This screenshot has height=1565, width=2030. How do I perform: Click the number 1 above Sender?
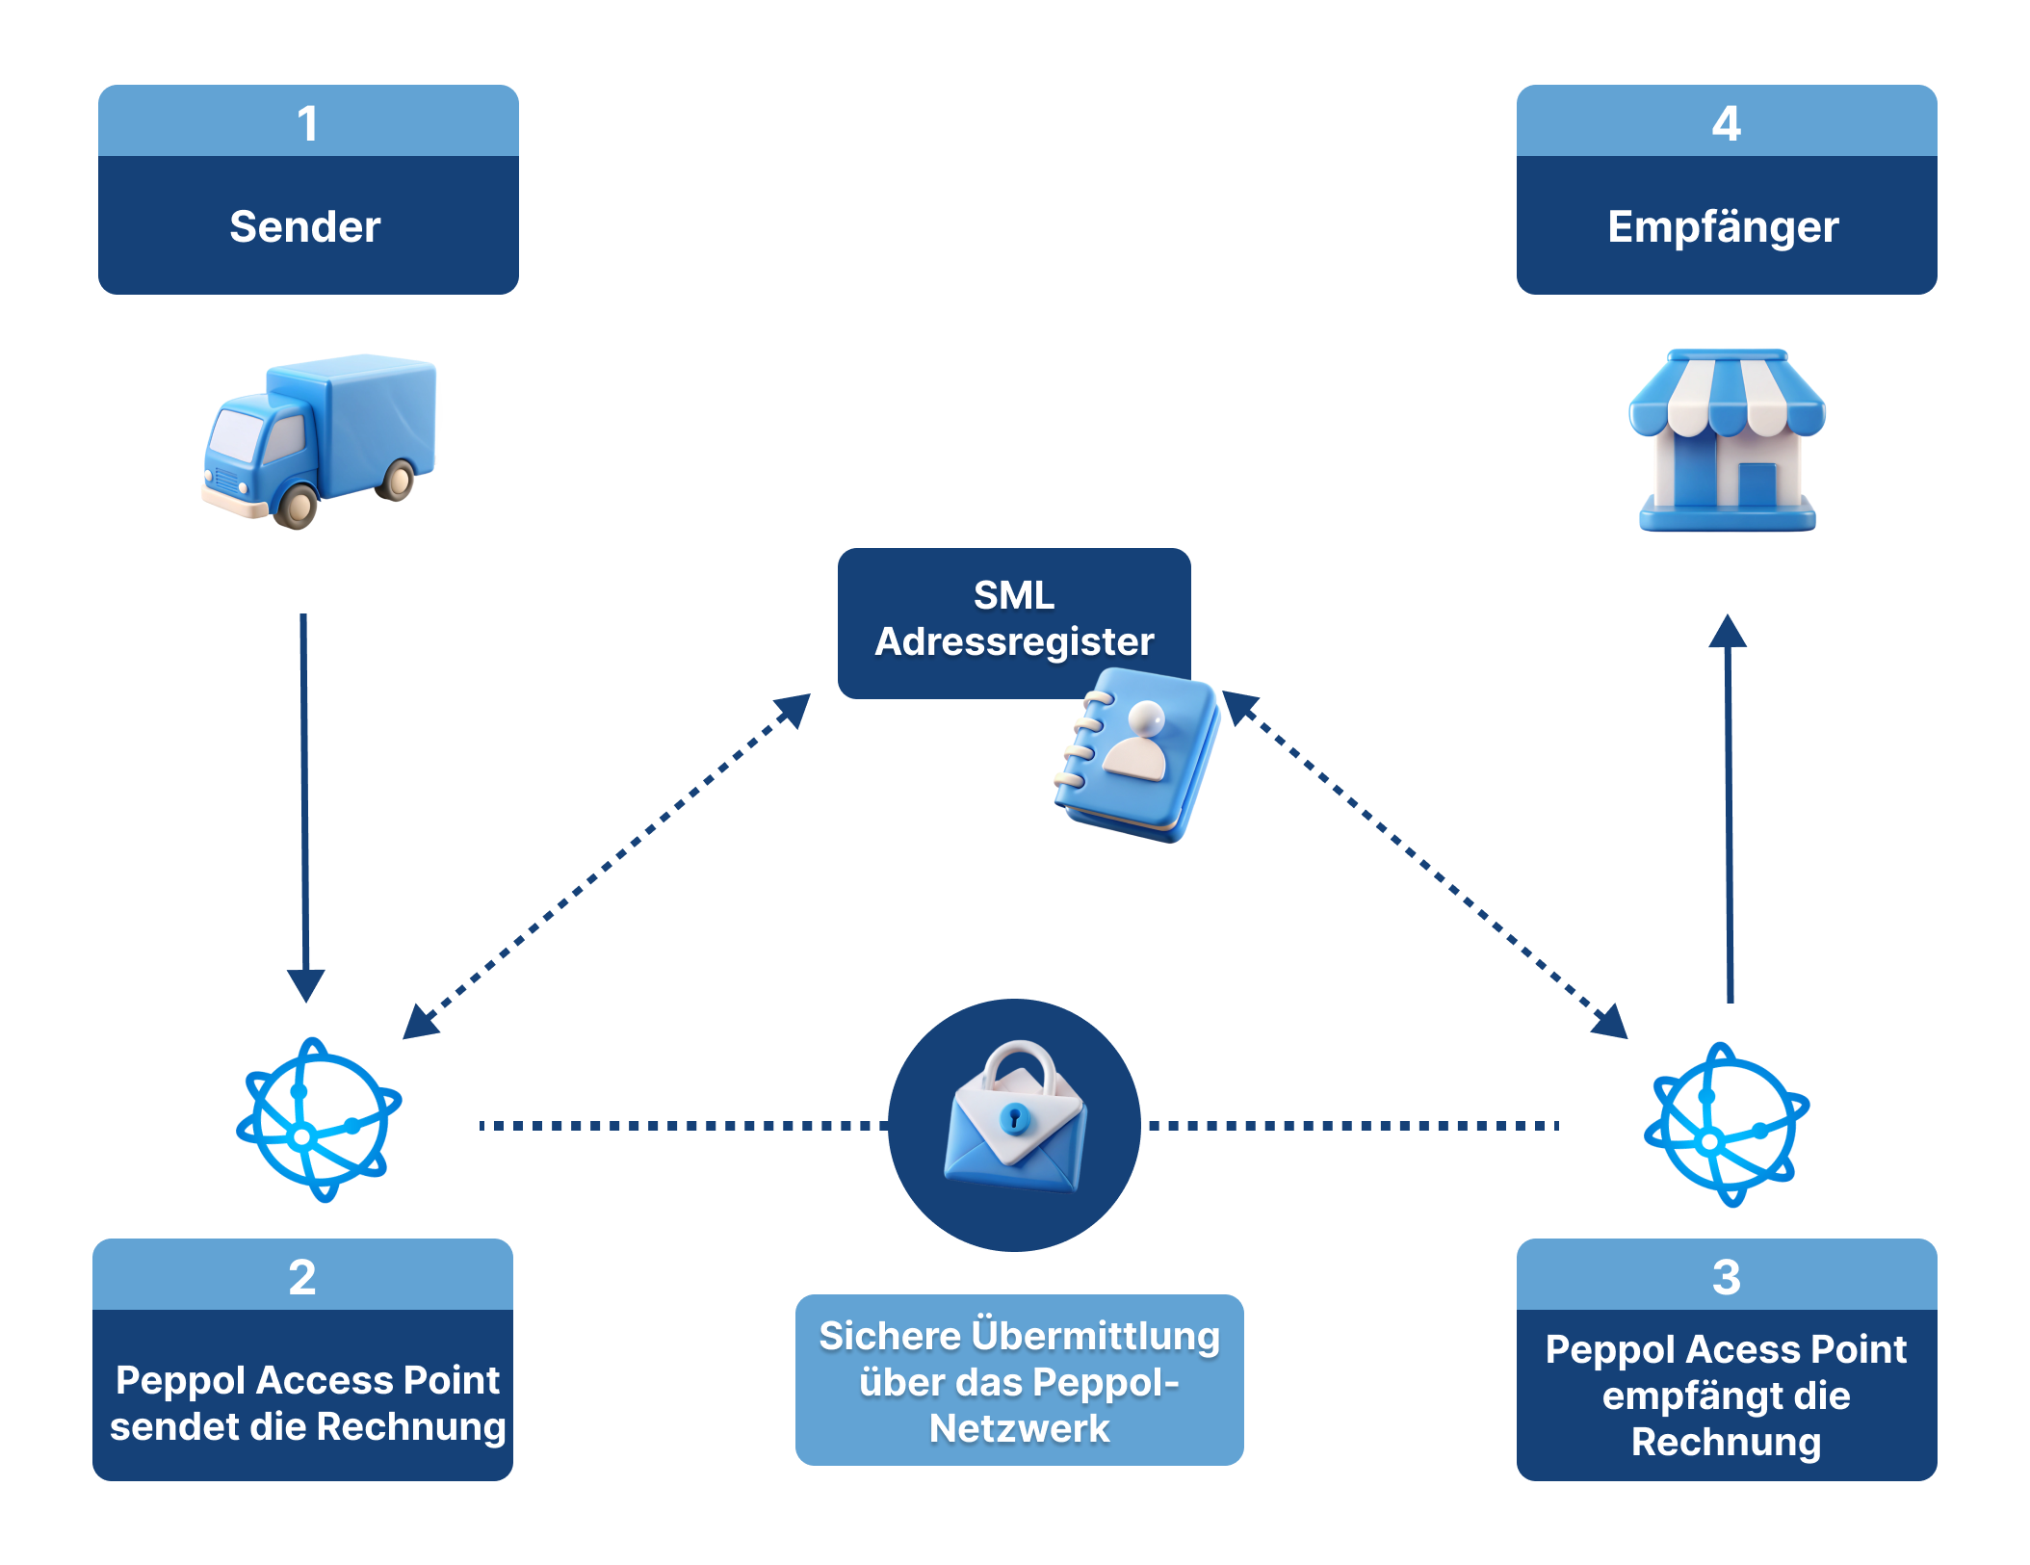pos(307,123)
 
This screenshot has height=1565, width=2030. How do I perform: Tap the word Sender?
pos(305,227)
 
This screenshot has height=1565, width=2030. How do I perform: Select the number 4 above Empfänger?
pos(1726,123)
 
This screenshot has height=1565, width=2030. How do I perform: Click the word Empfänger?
pos(1723,227)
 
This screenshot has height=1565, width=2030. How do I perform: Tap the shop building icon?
pos(1727,439)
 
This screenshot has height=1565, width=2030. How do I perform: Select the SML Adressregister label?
pos(1014,618)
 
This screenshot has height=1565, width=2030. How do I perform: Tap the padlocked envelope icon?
pos(1015,1121)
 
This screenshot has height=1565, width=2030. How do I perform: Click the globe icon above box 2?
pos(319,1120)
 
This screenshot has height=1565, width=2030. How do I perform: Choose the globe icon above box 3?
pos(1727,1125)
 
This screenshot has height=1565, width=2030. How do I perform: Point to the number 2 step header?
pos(302,1276)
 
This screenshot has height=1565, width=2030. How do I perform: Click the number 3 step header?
pos(1726,1276)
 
